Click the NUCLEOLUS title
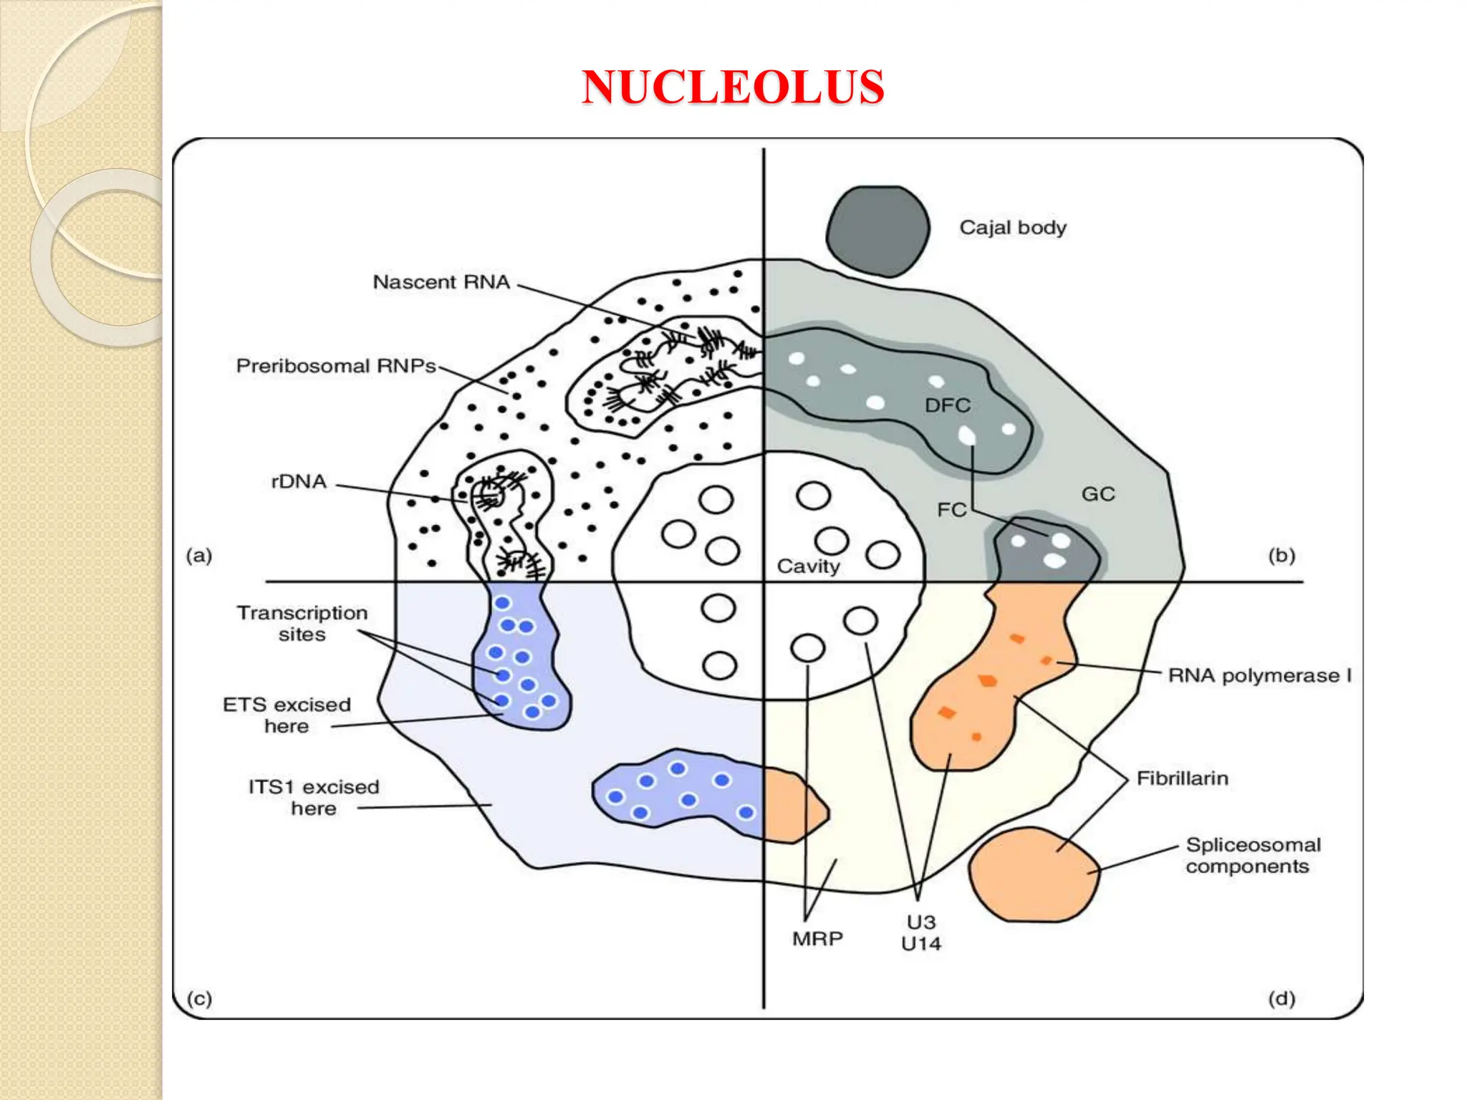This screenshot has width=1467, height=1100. [733, 87]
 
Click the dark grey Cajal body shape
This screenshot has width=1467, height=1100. [877, 231]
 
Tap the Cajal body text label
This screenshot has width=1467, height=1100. [1012, 228]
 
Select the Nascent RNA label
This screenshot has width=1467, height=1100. [441, 282]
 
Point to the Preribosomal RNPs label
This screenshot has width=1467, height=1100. [335, 366]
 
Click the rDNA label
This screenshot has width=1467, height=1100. [299, 481]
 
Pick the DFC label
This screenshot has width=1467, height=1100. [947, 405]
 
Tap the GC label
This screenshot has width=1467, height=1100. [1097, 494]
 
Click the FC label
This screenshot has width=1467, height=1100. [951, 510]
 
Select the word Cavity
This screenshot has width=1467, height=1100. [808, 566]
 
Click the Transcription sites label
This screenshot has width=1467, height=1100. [302, 623]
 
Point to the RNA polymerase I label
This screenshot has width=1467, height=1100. [1259, 675]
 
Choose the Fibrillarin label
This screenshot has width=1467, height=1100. [1182, 778]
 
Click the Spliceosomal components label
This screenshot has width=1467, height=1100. [1252, 855]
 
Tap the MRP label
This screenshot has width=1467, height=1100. [817, 939]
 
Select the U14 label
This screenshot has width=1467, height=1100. [920, 944]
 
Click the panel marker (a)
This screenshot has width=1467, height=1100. [199, 555]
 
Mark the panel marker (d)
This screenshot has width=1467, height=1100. [1281, 998]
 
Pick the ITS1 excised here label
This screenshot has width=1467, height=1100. [313, 797]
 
